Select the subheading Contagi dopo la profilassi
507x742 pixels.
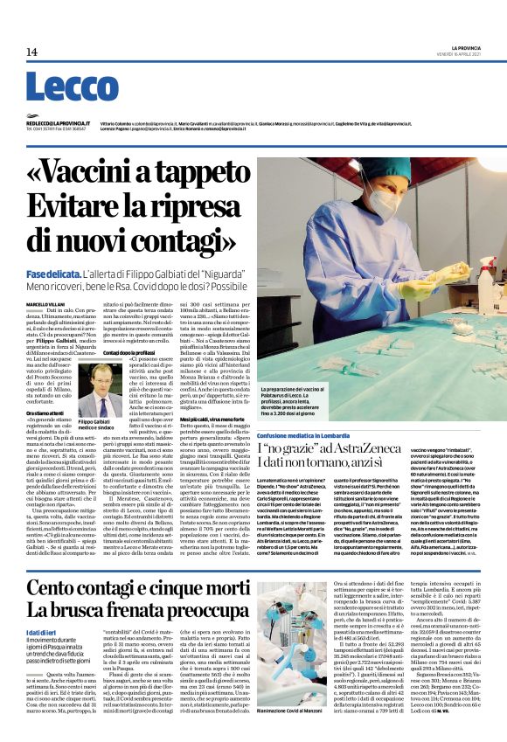point(133,351)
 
